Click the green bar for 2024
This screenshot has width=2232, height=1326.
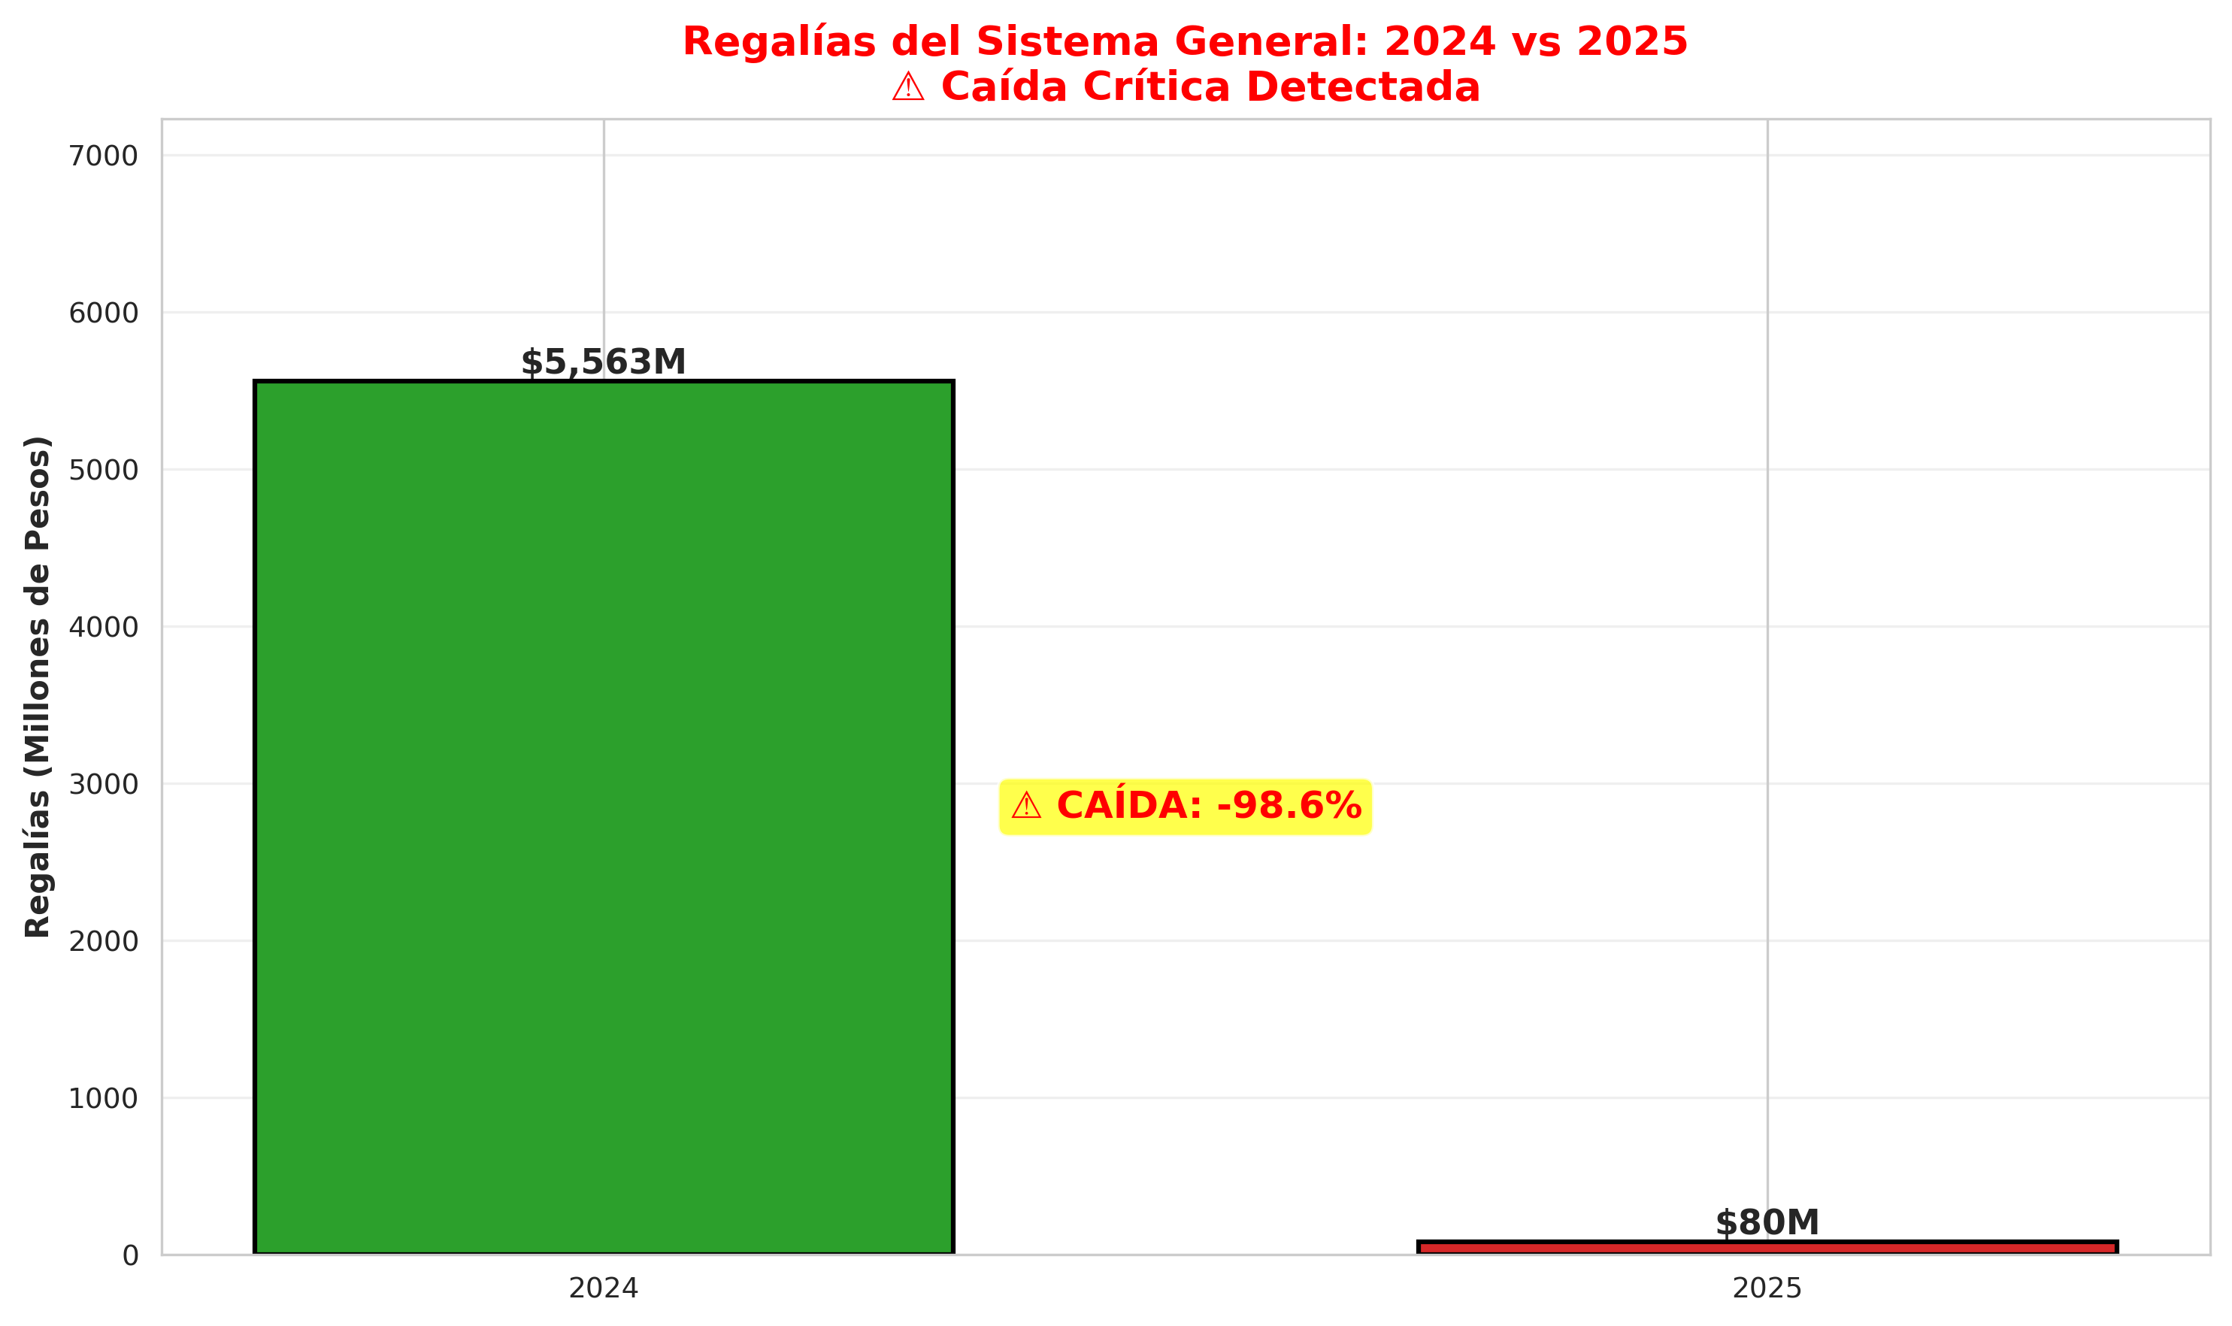[603, 818]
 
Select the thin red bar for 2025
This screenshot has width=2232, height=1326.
[1767, 1247]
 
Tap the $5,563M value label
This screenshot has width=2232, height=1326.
[603, 362]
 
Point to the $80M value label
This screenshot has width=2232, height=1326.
[1767, 1223]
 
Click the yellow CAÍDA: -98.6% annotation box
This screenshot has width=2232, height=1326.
[1185, 807]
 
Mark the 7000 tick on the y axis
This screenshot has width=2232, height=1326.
[104, 156]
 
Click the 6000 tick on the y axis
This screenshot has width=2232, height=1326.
[104, 313]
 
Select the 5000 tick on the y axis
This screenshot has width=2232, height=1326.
[104, 471]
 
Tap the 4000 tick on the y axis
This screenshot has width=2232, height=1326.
[104, 628]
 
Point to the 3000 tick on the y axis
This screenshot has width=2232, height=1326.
[104, 785]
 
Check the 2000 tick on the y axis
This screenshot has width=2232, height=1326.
[104, 942]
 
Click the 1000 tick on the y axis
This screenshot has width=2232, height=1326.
[104, 1099]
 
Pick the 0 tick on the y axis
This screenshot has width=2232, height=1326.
[131, 1256]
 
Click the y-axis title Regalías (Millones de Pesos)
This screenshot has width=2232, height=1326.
[38, 686]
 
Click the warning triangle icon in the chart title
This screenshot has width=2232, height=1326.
[908, 87]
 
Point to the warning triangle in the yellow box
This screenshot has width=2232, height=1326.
[1025, 807]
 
